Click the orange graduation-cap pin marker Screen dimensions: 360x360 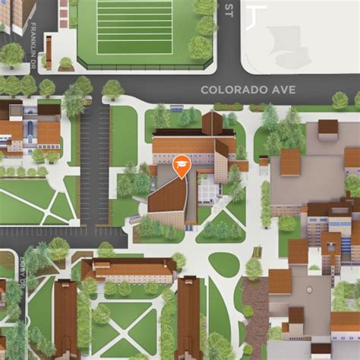pyautogui.click(x=182, y=165)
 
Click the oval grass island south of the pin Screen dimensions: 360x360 pyautogui.click(x=223, y=264)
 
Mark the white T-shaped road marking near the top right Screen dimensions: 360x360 pyautogui.click(x=257, y=15)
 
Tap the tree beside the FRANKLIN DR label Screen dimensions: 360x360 pyautogui.click(x=12, y=54)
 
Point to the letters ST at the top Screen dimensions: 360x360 pyautogui.click(x=229, y=8)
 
